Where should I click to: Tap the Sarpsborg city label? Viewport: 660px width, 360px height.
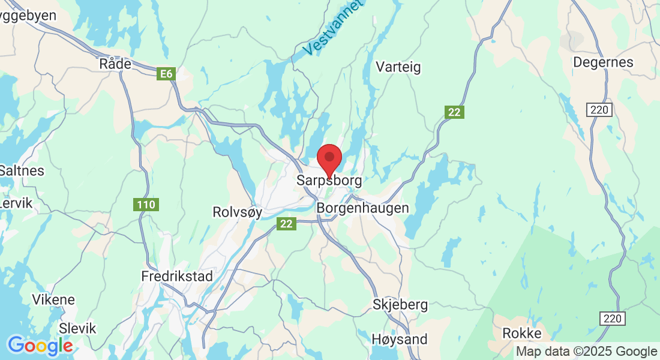[x=329, y=180]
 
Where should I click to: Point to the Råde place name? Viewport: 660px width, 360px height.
[x=115, y=64]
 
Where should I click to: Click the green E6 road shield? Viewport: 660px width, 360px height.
[x=166, y=74]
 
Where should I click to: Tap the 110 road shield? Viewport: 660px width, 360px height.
[x=146, y=205]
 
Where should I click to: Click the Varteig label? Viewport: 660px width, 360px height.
[x=398, y=67]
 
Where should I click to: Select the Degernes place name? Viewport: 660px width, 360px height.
[x=603, y=62]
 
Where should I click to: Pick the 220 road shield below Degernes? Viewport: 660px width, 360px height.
[x=600, y=110]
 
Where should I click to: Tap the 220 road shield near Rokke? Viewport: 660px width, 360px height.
[x=614, y=318]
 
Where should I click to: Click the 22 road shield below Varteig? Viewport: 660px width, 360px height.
[x=455, y=112]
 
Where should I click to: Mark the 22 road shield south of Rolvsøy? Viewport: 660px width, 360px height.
[x=287, y=223]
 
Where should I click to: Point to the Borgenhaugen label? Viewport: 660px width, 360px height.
[x=362, y=208]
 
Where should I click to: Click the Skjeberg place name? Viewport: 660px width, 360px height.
[x=400, y=305]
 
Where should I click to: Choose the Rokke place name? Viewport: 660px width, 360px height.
[x=522, y=334]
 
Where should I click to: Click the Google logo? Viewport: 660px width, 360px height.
[x=40, y=346]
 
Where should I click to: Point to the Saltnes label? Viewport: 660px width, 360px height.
[x=22, y=170]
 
